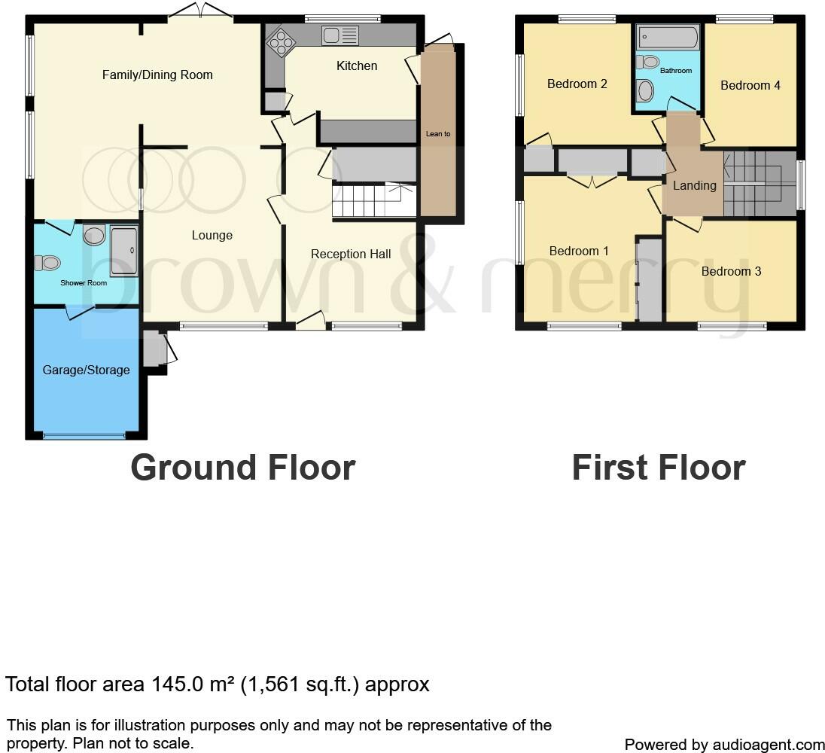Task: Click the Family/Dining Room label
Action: pos(157,75)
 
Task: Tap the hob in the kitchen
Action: pos(280,41)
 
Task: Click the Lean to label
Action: pos(438,134)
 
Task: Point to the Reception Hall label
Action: pos(351,255)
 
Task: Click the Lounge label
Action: pos(212,236)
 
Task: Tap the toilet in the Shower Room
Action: pos(48,264)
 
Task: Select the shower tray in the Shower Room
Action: pos(124,251)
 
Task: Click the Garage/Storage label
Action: pos(86,370)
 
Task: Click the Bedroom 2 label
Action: pos(577,84)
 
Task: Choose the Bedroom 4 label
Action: pos(750,86)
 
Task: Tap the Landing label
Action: pos(694,185)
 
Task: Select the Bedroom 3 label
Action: pos(731,271)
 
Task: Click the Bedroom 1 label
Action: pos(579,252)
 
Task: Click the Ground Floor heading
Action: pos(242,468)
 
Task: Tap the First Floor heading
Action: pos(658,468)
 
